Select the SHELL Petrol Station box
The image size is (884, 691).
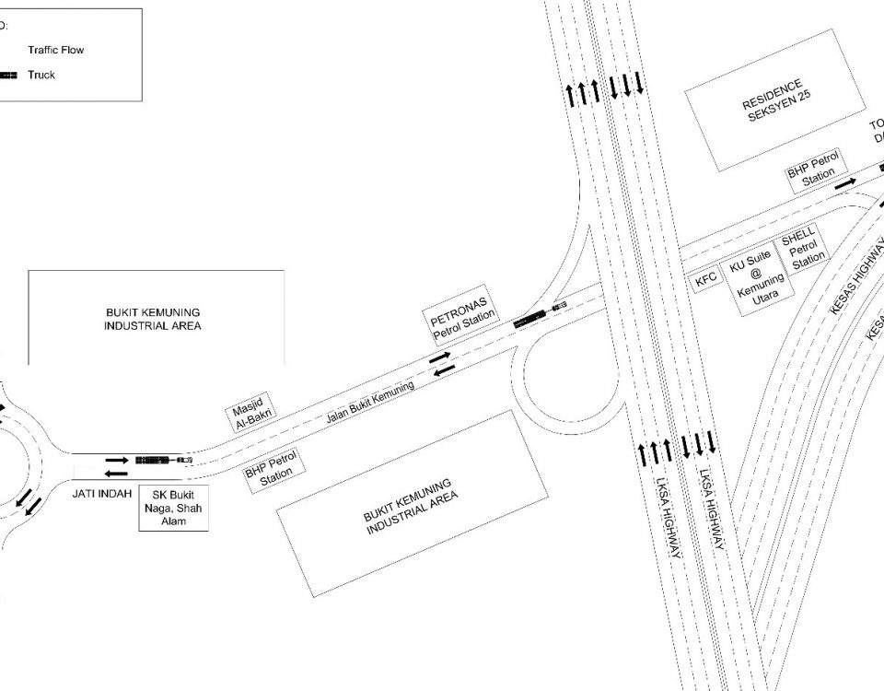804,250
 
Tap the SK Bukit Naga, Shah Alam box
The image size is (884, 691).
174,507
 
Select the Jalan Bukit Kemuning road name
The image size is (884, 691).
370,403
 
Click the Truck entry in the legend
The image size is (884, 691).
41,75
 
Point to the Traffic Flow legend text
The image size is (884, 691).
56,50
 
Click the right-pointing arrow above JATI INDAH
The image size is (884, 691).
117,458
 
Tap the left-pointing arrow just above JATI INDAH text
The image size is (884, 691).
116,474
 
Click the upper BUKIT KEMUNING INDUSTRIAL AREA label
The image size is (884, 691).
153,319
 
